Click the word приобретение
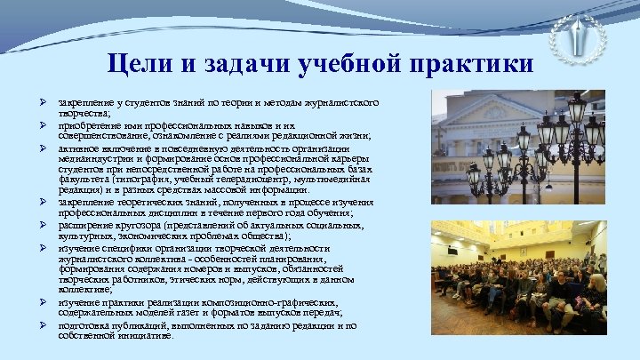click(87, 126)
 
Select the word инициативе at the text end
click(147, 336)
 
